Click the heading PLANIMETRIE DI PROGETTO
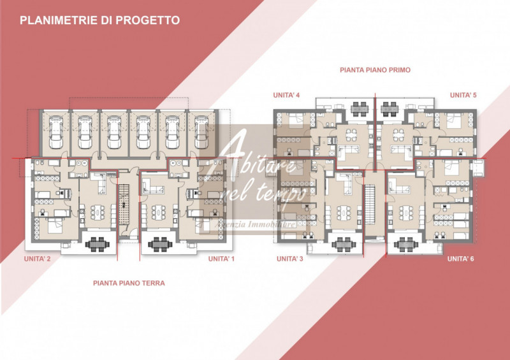pos(99,20)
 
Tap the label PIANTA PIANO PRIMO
pos(375,69)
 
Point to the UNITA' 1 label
pos(221,259)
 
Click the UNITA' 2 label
pos(38,259)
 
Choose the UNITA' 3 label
pos(289,259)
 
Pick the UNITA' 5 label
pos(463,95)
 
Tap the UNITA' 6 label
pos(460,259)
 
